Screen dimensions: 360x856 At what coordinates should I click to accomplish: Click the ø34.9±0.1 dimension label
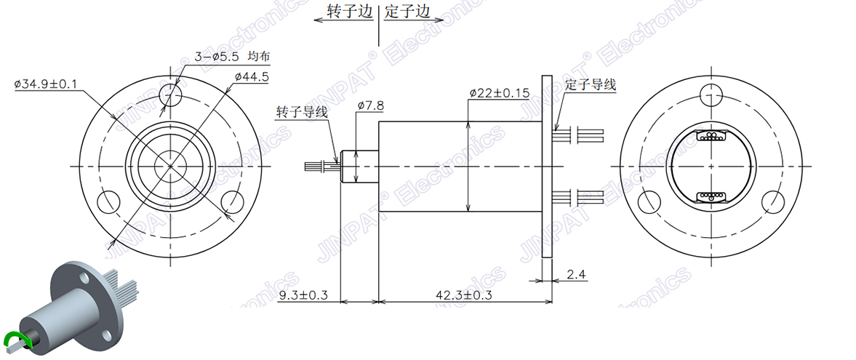pyautogui.click(x=46, y=84)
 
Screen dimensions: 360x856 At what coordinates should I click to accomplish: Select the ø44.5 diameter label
pyautogui.click(x=252, y=76)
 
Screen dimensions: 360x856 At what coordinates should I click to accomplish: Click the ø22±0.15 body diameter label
pyautogui.click(x=499, y=93)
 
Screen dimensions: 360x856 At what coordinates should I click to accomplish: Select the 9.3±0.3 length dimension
pyautogui.click(x=304, y=295)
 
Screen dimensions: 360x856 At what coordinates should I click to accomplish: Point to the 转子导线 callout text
pyautogui.click(x=302, y=112)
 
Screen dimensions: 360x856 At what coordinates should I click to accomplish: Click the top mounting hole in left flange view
pyautogui.click(x=172, y=93)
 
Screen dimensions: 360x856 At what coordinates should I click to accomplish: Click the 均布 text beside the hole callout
pyautogui.click(x=260, y=56)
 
